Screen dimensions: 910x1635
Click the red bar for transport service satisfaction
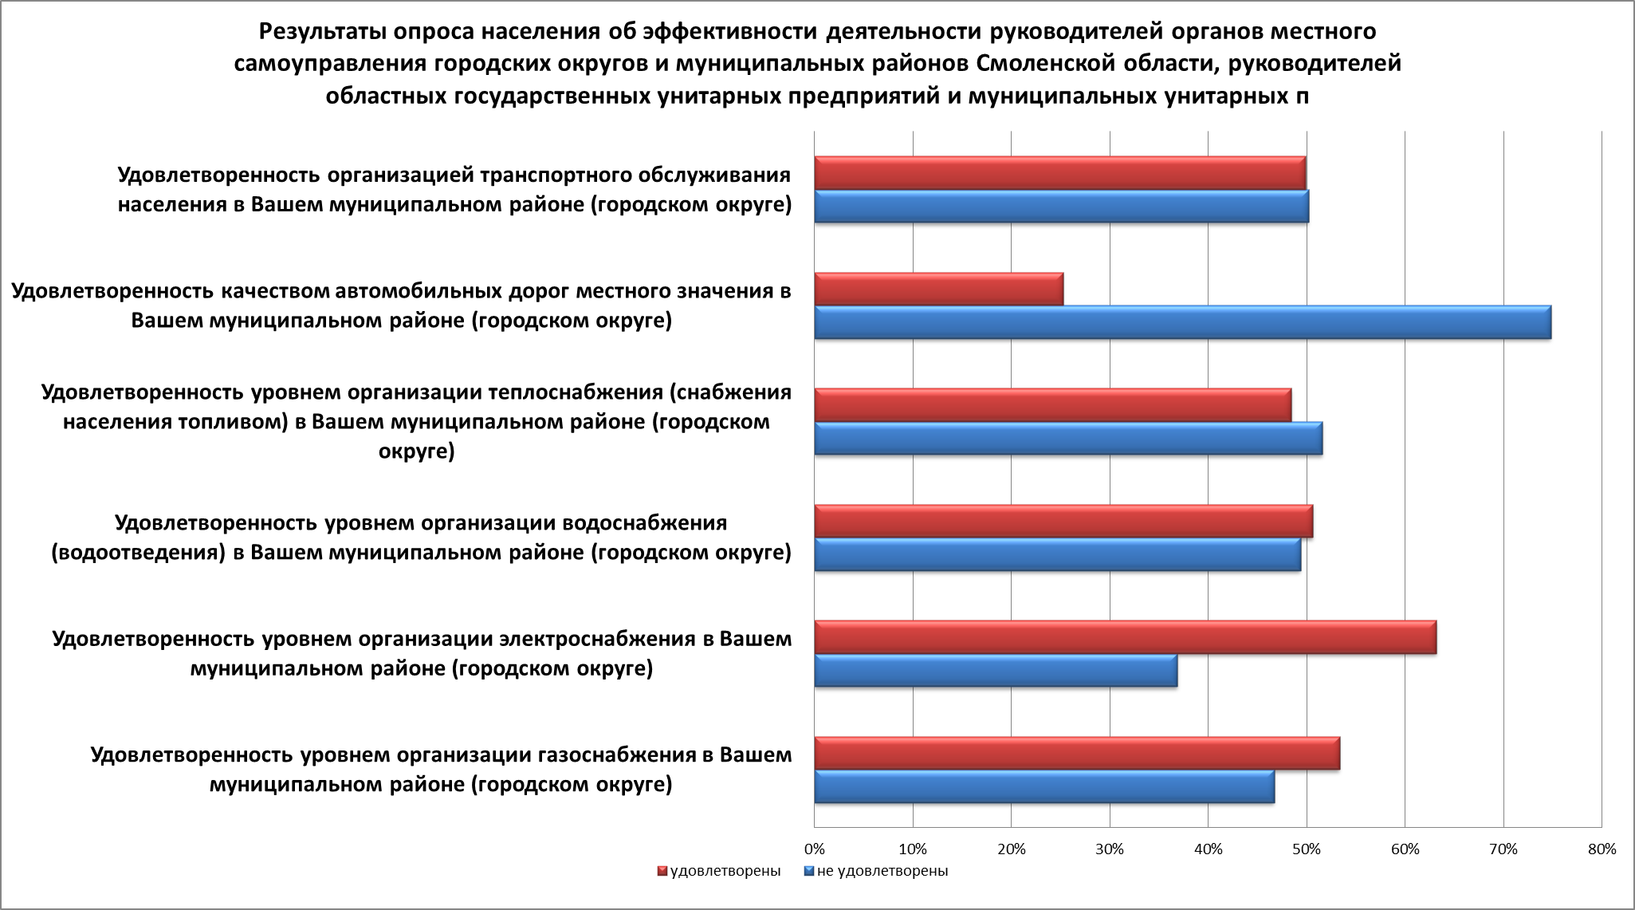(1060, 173)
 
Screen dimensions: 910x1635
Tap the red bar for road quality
(939, 289)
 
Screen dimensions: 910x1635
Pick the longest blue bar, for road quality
(1183, 322)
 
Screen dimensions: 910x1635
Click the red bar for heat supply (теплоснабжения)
(1053, 405)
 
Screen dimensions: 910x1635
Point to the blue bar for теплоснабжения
(1068, 438)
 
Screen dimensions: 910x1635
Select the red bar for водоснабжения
(1063, 521)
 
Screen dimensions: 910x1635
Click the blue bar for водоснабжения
(1058, 554)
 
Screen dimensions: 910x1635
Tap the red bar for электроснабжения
(1126, 637)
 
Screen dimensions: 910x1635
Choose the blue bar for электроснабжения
(996, 670)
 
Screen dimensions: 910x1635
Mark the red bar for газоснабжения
(1077, 754)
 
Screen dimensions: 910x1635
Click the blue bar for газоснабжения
(1044, 786)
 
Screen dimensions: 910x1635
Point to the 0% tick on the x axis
(814, 849)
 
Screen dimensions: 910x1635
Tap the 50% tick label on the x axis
(1306, 849)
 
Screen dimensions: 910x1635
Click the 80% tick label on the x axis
(1601, 849)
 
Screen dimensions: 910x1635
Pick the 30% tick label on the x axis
(1109, 849)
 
